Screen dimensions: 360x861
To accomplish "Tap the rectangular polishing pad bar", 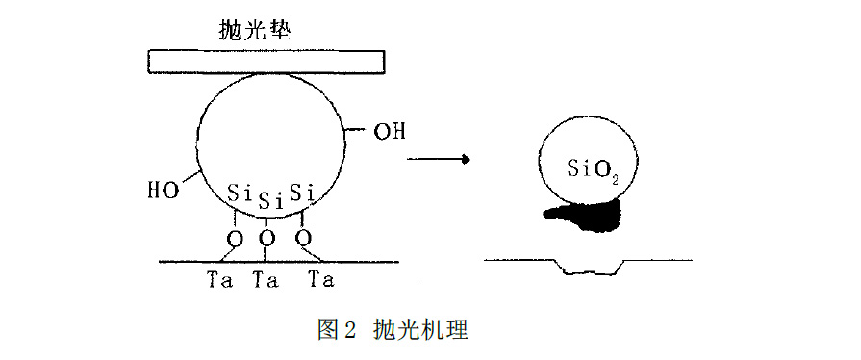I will pyautogui.click(x=266, y=62).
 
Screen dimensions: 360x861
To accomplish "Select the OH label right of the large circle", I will pyautogui.click(x=389, y=129).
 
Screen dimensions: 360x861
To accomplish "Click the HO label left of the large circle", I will pyautogui.click(x=163, y=190).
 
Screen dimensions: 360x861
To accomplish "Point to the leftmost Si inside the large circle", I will pyautogui.click(x=240, y=193).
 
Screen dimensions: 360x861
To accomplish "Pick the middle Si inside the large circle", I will pyautogui.click(x=270, y=201).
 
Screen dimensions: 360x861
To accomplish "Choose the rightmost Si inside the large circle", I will pyautogui.click(x=303, y=192).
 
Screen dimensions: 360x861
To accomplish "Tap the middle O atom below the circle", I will pyautogui.click(x=267, y=238).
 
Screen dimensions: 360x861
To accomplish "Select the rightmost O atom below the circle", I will pyautogui.click(x=304, y=237).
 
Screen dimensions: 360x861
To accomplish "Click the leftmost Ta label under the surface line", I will pyautogui.click(x=219, y=280).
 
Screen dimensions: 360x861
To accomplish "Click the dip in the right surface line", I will pyautogui.click(x=592, y=269).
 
